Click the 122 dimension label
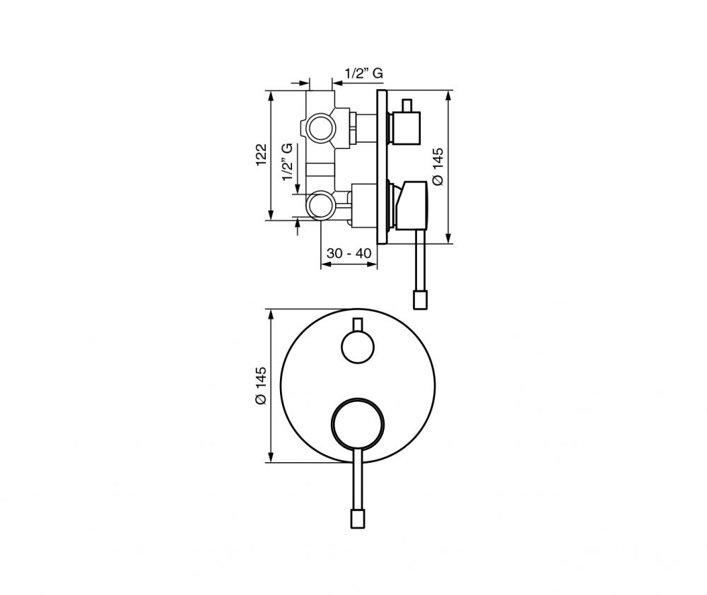point(262,155)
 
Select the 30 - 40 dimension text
point(349,253)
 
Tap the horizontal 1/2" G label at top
point(364,73)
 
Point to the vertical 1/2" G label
point(287,163)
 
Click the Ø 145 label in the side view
point(438,166)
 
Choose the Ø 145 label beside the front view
point(261,386)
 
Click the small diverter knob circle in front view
point(358,348)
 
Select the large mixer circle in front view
point(358,424)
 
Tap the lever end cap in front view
point(358,519)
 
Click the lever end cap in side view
point(420,300)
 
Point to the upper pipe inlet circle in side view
point(320,128)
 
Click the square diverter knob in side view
point(406,128)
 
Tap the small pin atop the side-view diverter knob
point(408,105)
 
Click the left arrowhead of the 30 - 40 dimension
point(325,264)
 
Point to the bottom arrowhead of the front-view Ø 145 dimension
point(271,457)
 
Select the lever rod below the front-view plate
point(358,479)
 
